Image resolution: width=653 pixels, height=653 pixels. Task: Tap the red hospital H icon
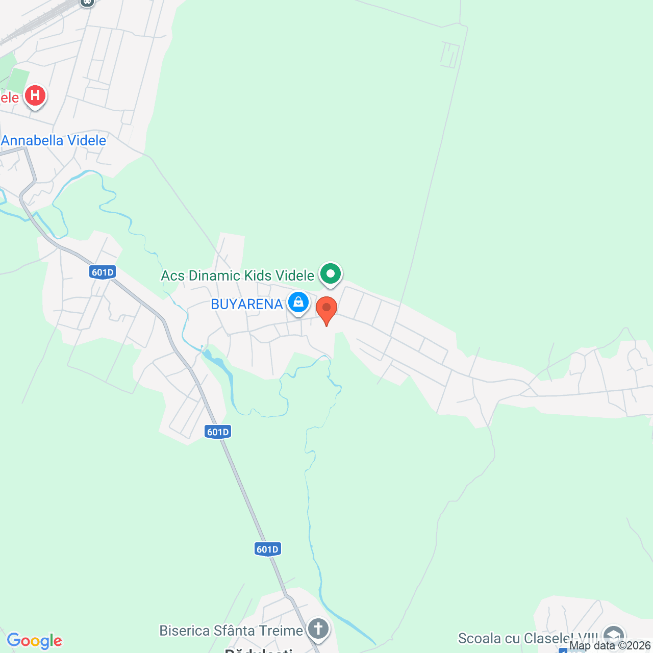click(x=35, y=95)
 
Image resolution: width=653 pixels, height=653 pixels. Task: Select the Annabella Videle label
click(x=54, y=141)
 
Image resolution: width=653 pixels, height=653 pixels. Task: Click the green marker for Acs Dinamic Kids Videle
click(x=330, y=274)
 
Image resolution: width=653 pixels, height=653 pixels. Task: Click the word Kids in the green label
click(x=258, y=276)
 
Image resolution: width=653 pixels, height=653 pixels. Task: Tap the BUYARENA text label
click(x=247, y=305)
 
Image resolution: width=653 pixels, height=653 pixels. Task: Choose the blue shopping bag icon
click(x=298, y=303)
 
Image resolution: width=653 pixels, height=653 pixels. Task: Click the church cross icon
click(x=318, y=628)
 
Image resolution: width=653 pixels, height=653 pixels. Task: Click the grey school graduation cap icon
click(x=613, y=636)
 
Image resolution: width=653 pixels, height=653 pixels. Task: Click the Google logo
click(x=35, y=641)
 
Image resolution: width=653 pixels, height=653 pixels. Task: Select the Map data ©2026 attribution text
click(x=610, y=646)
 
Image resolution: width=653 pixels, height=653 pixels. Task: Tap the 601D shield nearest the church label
click(x=267, y=549)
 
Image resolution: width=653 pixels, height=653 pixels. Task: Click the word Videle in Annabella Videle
click(x=87, y=141)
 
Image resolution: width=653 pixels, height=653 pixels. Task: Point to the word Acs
click(x=173, y=276)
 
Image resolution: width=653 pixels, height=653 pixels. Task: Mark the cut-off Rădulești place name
click(x=259, y=650)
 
